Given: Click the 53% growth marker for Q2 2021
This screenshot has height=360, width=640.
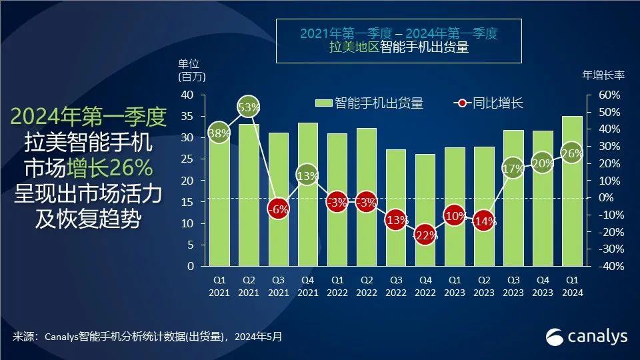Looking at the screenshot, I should (249, 107).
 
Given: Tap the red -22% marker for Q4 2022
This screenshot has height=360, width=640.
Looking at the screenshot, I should (425, 235).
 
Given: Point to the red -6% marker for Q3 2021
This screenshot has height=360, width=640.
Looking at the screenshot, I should (278, 208).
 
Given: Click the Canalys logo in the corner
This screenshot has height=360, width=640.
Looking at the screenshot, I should (587, 337).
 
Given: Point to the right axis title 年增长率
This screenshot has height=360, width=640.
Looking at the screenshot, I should (603, 75).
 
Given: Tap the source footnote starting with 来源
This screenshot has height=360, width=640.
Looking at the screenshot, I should (147, 337).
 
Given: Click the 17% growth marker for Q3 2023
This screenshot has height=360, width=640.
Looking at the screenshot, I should (513, 168).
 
